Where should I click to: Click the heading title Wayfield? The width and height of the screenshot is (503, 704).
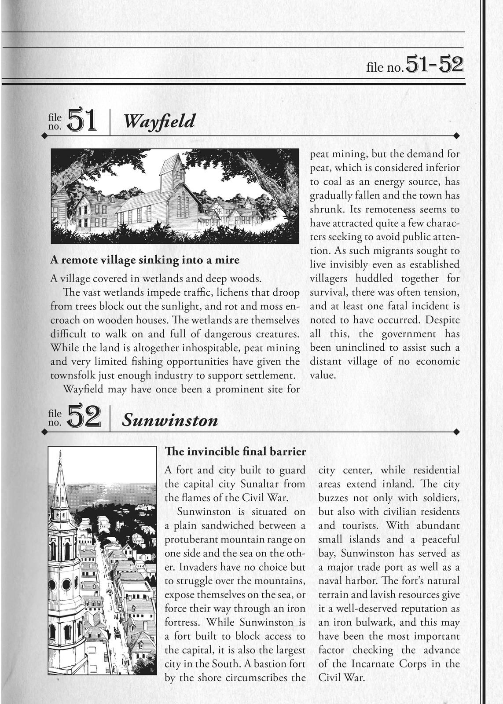[159, 121]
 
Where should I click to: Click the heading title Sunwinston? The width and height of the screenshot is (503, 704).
[170, 420]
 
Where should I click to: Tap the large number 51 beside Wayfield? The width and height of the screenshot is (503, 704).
[82, 120]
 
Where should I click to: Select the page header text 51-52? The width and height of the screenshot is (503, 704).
[434, 65]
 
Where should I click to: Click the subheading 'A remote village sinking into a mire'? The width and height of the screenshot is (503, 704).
[145, 260]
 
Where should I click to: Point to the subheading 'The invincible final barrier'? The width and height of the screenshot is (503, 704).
[235, 451]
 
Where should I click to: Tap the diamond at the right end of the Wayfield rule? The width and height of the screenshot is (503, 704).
[456, 135]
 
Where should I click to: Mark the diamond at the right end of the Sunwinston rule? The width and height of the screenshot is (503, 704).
[456, 431]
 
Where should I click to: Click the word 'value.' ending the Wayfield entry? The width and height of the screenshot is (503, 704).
[323, 376]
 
